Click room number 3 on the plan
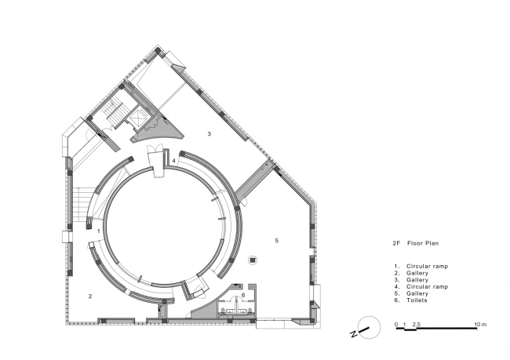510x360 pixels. [209, 133]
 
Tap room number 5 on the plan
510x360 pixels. [277, 241]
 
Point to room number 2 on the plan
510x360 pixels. [90, 296]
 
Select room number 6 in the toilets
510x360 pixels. [243, 295]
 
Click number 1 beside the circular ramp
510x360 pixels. [99, 231]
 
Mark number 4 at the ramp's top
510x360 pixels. [173, 161]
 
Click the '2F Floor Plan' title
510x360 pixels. [415, 243]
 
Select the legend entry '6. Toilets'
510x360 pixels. [410, 300]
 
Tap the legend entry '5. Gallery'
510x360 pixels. [411, 293]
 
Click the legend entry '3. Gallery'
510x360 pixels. [411, 280]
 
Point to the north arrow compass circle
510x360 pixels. [369, 328]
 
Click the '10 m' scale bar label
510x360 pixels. [480, 324]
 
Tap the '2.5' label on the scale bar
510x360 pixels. [417, 324]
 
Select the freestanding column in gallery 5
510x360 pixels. [253, 260]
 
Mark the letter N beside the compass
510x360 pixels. [353, 334]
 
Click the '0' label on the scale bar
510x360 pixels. [396, 324]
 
